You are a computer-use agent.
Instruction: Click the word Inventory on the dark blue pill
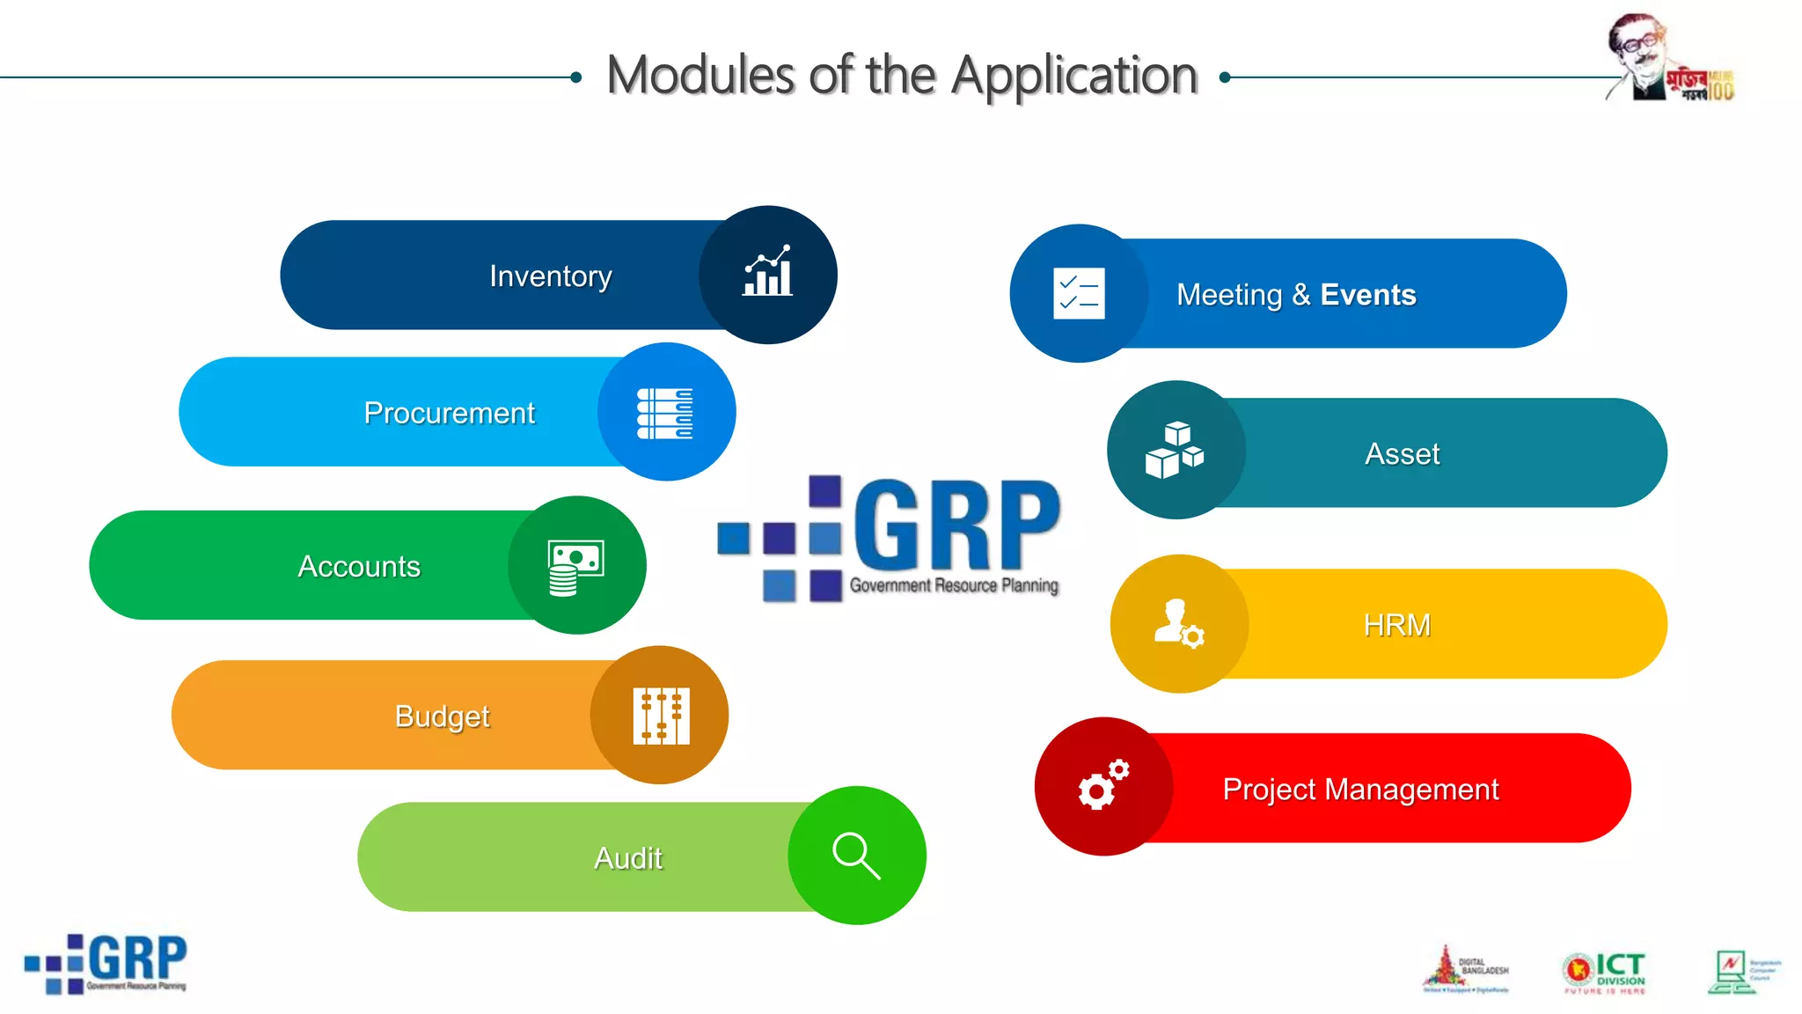click(550, 276)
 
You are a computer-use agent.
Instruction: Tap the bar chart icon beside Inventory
click(767, 273)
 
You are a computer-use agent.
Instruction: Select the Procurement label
click(449, 413)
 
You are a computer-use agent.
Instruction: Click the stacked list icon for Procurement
click(665, 413)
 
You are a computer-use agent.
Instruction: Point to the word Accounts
click(359, 566)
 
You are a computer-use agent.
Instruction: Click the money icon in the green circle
click(575, 567)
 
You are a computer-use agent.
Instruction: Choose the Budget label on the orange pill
click(442, 716)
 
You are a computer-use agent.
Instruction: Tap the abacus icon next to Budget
click(661, 716)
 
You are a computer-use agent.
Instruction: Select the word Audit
click(627, 858)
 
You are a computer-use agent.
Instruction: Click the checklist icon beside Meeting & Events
click(1079, 293)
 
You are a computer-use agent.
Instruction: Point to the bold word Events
click(1367, 295)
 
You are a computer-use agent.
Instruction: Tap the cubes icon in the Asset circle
click(1175, 450)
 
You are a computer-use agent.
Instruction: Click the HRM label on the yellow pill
click(1396, 625)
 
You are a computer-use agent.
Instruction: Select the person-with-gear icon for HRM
click(1178, 624)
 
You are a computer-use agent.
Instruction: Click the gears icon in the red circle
click(1103, 784)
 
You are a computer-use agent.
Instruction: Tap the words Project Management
click(1360, 790)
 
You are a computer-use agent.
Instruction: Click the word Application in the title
click(1074, 76)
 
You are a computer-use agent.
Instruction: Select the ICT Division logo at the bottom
click(1604, 972)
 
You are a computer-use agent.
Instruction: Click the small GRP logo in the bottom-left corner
click(106, 964)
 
